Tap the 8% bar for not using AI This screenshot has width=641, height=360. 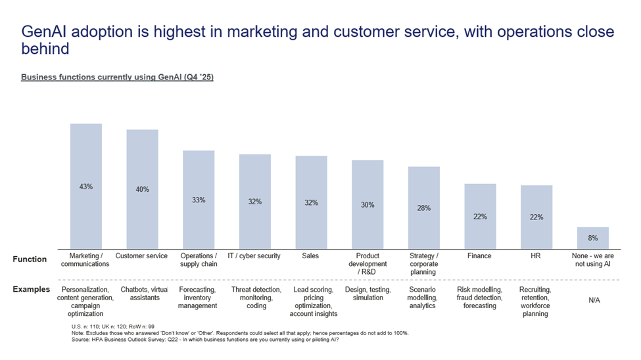[x=592, y=238]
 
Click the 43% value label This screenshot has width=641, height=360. [x=86, y=187]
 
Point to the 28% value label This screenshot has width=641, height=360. [x=424, y=208]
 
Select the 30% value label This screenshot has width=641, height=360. [x=368, y=205]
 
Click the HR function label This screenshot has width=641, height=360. [x=535, y=256]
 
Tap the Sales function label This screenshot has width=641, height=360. [x=310, y=256]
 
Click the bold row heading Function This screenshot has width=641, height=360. [x=30, y=259]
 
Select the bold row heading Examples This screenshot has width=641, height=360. [x=31, y=290]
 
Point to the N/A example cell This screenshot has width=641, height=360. [x=594, y=300]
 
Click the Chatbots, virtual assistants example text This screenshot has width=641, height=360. [x=144, y=294]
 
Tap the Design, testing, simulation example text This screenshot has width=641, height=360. [x=368, y=294]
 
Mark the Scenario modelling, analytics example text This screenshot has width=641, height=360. [x=423, y=298]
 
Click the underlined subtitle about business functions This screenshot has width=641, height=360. [x=117, y=77]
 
